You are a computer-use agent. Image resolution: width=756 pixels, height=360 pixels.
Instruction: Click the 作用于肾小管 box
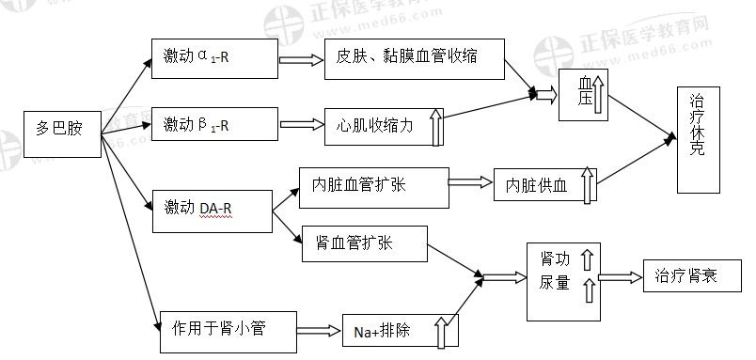tap(228, 328)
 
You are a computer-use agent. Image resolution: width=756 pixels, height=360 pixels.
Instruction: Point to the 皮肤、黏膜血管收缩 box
tap(414, 56)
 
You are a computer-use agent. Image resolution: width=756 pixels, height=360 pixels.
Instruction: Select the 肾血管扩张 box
tap(365, 244)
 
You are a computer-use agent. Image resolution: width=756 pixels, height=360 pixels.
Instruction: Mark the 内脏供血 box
tap(545, 185)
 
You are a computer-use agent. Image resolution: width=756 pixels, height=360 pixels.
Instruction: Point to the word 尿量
tap(554, 283)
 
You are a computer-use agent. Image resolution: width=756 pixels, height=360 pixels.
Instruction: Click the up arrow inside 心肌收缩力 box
tap(435, 127)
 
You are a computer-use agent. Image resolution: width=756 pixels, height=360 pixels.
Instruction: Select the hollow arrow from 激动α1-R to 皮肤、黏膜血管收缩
tap(299, 57)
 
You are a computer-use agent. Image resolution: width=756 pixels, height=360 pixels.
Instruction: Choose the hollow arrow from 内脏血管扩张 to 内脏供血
tap(470, 181)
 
